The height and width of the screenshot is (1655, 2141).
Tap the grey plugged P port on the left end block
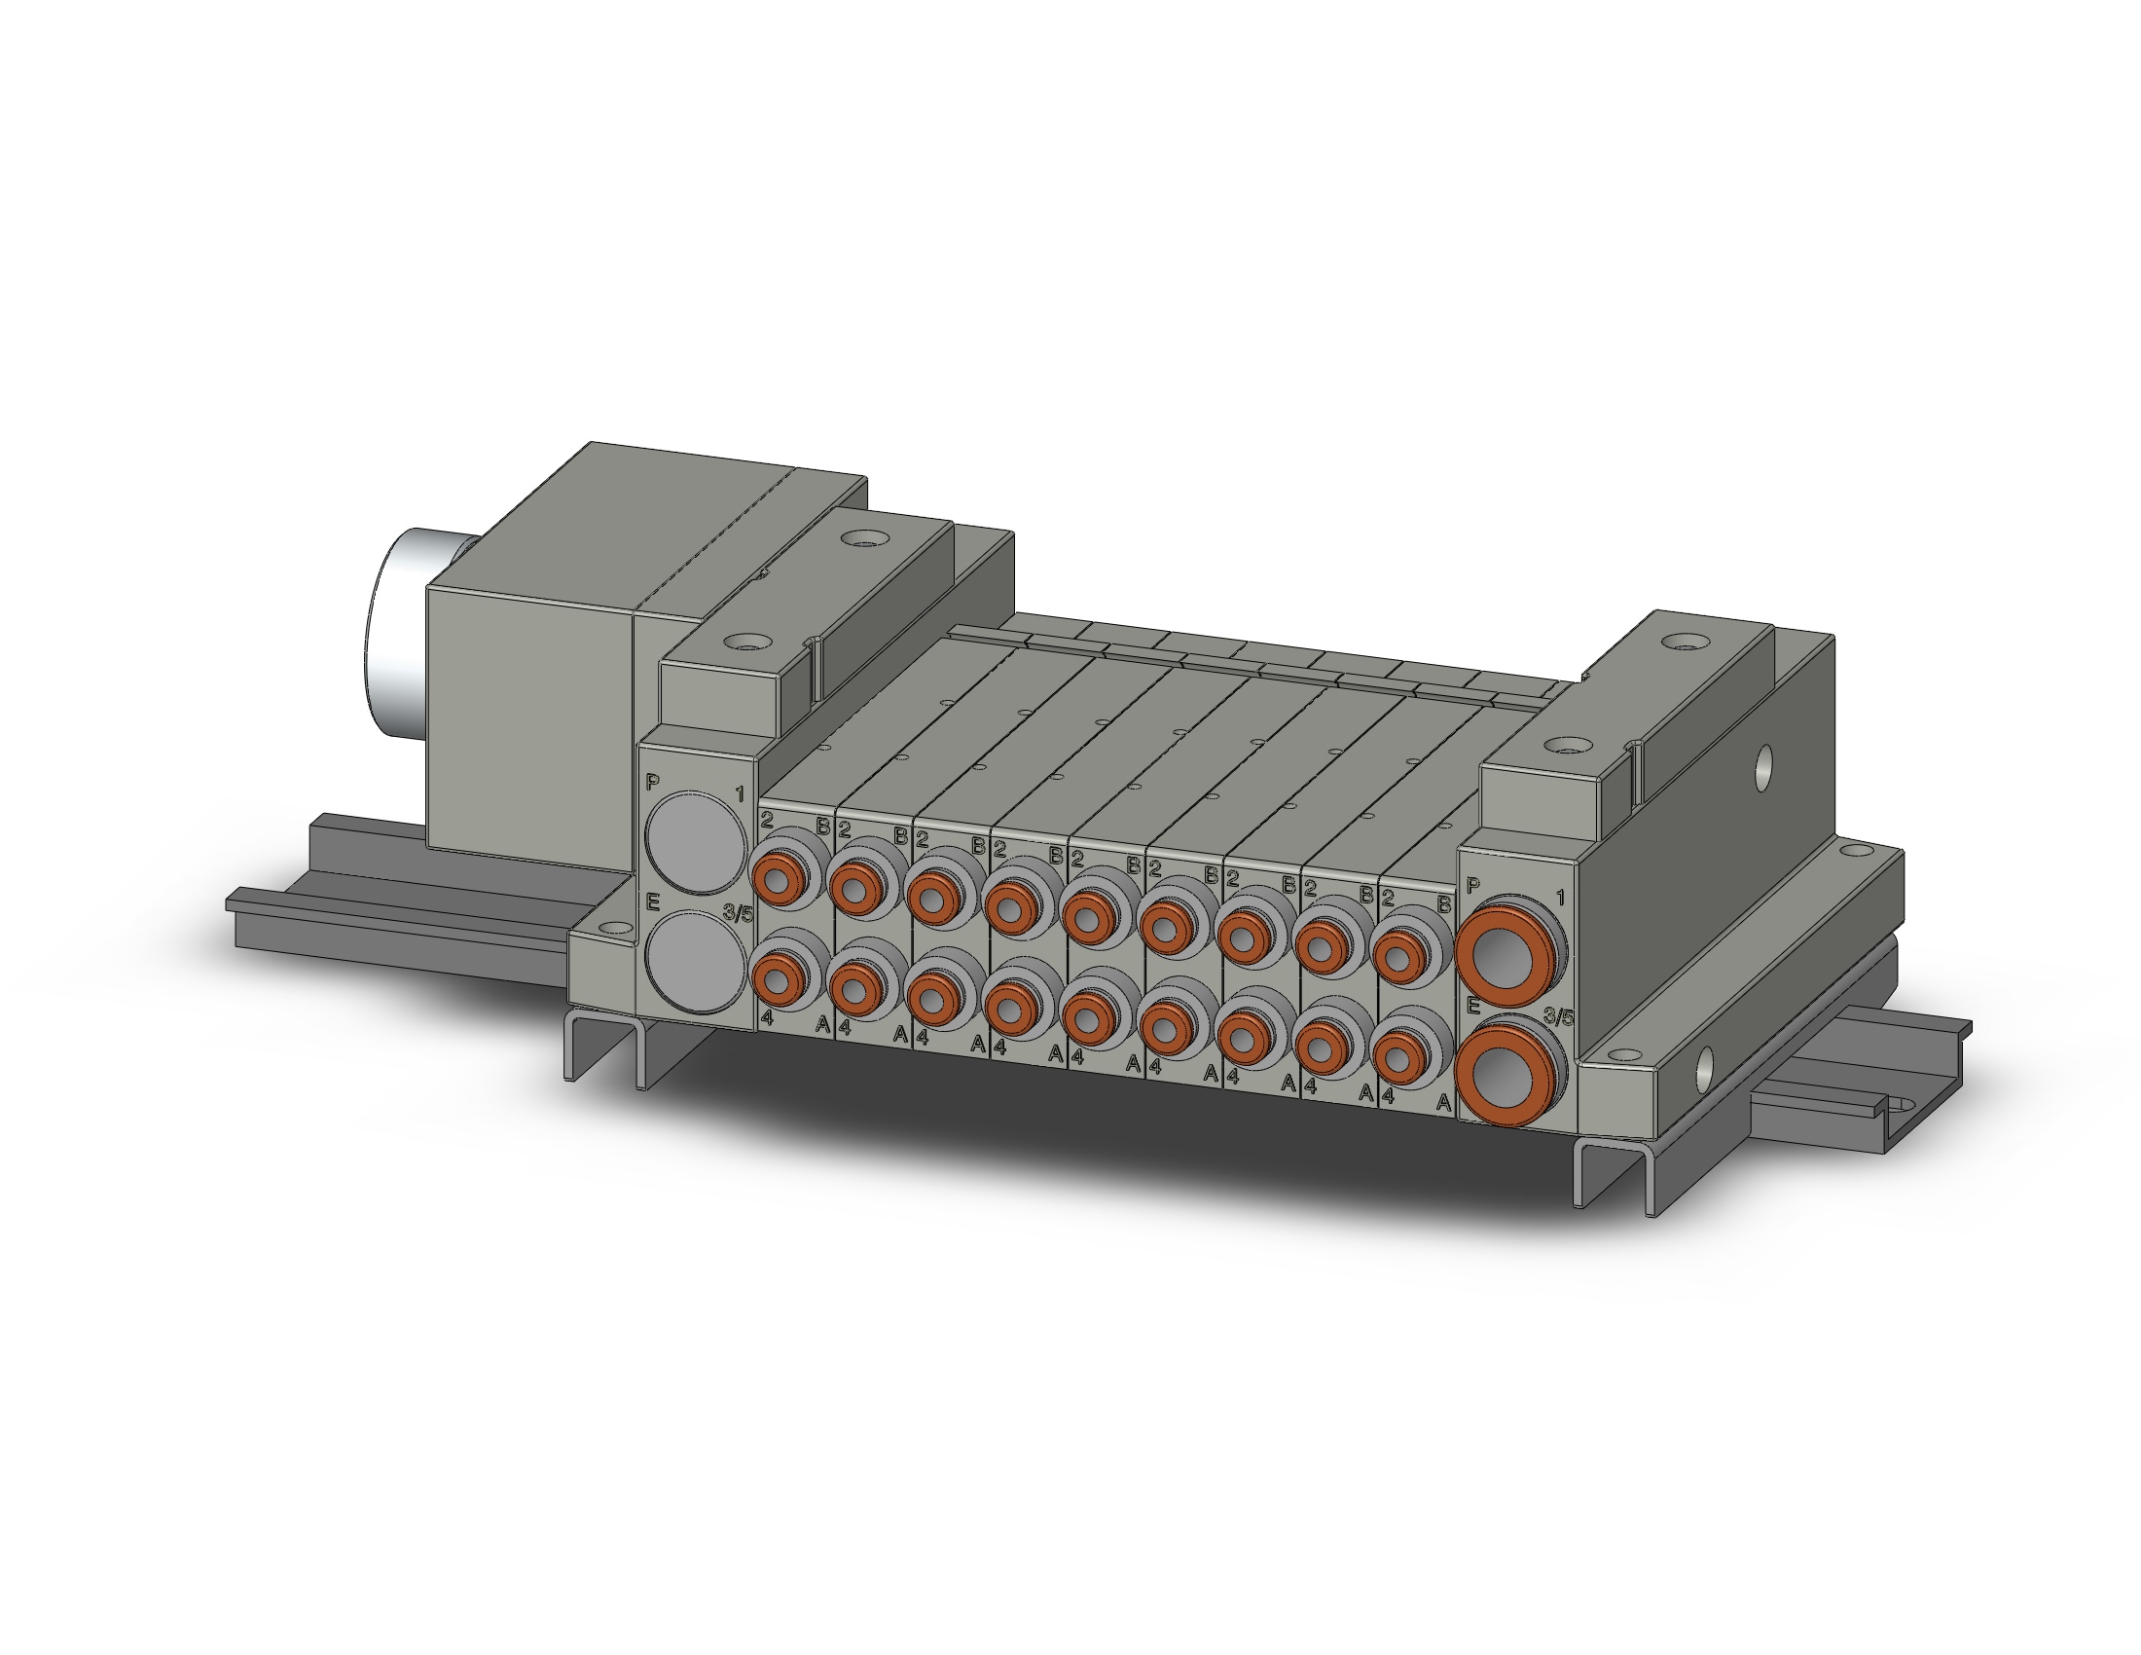pyautogui.click(x=695, y=843)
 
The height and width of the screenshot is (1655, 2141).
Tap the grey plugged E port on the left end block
pyautogui.click(x=695, y=961)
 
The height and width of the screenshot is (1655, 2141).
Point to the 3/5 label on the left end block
pyautogui.click(x=739, y=913)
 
